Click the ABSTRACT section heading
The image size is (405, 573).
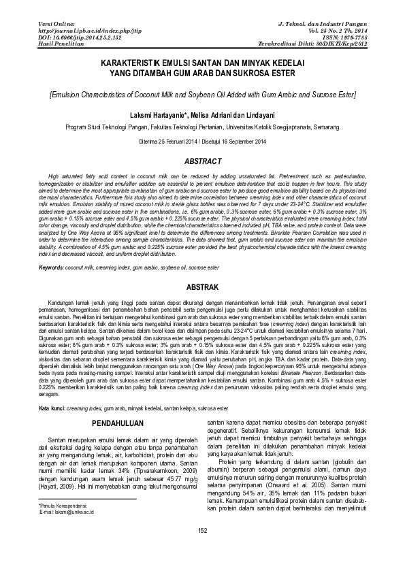pyautogui.click(x=202, y=161)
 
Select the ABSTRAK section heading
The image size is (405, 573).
pyautogui.click(x=202, y=287)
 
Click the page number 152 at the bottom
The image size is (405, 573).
pyautogui.click(x=202, y=549)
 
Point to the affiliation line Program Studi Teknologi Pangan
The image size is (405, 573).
pyautogui.click(x=202, y=127)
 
